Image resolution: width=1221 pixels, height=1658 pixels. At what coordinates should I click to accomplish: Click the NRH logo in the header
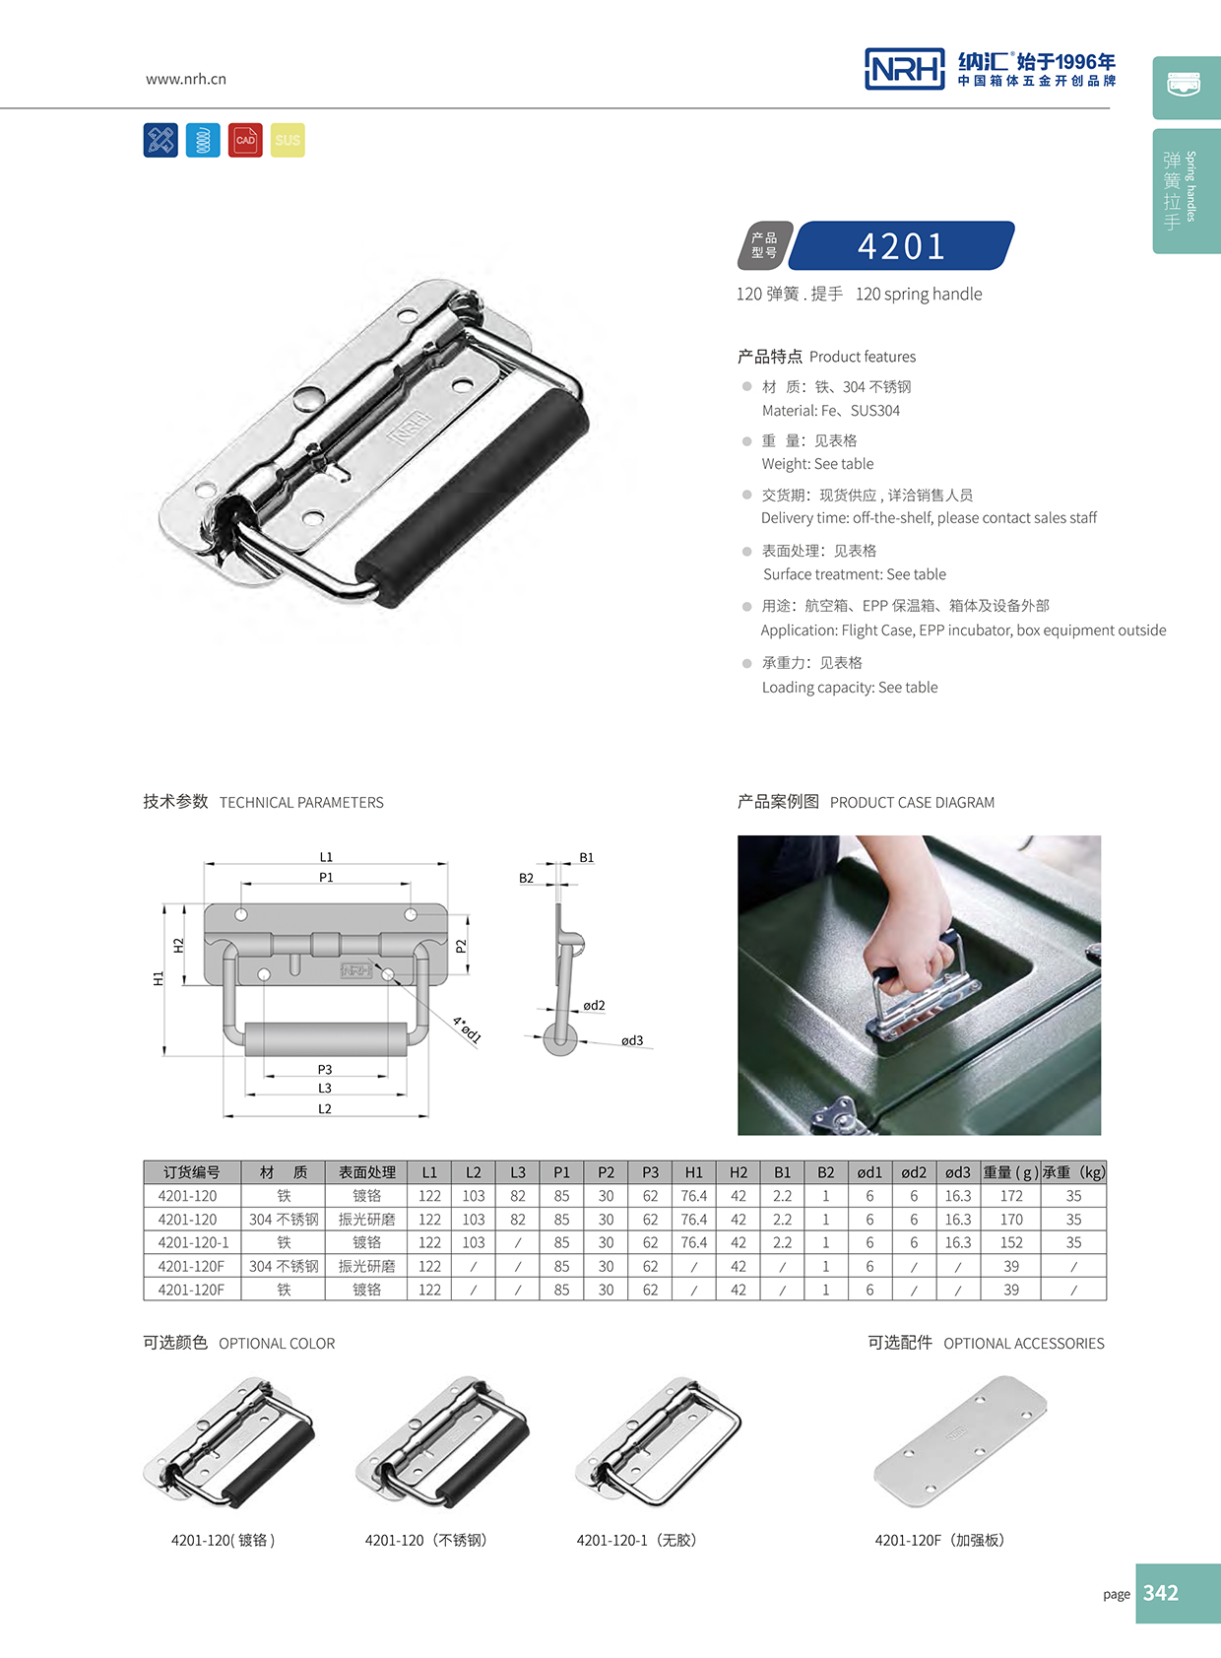pyautogui.click(x=904, y=69)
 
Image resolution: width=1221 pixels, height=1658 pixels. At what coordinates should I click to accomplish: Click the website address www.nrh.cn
pyautogui.click(x=185, y=79)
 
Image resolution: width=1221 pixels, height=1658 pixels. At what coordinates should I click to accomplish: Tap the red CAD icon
pyautogui.click(x=245, y=140)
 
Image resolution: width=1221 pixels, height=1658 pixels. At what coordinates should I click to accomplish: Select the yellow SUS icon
pyautogui.click(x=288, y=140)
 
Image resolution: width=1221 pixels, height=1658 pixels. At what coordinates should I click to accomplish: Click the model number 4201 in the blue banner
pyautogui.click(x=901, y=245)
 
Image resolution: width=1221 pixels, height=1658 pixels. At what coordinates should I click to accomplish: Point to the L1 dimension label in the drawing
pyautogui.click(x=326, y=857)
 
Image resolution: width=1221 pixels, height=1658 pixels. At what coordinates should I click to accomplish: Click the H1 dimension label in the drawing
pyautogui.click(x=158, y=978)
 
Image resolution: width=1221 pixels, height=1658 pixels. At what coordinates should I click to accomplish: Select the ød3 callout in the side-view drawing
pyautogui.click(x=631, y=1040)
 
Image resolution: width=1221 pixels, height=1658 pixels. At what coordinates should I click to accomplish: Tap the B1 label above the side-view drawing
pyautogui.click(x=586, y=858)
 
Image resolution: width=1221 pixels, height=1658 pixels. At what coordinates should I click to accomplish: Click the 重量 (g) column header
pyautogui.click(x=1010, y=1172)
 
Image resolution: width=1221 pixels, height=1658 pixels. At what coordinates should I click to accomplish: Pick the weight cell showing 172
pyautogui.click(x=1011, y=1196)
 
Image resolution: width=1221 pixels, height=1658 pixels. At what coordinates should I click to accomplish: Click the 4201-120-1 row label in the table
pyautogui.click(x=192, y=1243)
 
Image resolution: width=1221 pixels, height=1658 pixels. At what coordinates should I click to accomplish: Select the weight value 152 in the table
pyautogui.click(x=1011, y=1243)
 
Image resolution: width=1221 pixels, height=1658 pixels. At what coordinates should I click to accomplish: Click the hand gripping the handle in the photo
pyautogui.click(x=901, y=941)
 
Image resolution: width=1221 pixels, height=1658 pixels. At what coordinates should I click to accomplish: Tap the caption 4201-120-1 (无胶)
pyautogui.click(x=636, y=1540)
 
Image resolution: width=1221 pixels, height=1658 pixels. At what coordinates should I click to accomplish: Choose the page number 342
pyautogui.click(x=1161, y=1593)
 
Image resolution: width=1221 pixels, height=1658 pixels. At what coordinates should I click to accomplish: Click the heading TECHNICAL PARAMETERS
pyautogui.click(x=301, y=803)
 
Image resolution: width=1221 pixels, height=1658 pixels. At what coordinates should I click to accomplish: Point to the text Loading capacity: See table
pyautogui.click(x=849, y=688)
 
